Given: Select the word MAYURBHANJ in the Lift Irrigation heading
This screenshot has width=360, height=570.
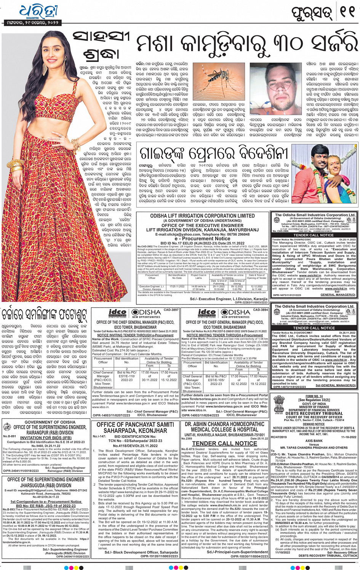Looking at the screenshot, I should [243, 230].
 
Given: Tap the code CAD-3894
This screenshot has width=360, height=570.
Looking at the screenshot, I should [261, 310].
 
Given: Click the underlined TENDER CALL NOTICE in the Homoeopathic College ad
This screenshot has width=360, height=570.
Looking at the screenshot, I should [224, 444].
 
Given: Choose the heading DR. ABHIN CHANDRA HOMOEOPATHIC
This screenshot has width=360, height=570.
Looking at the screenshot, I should [224, 424].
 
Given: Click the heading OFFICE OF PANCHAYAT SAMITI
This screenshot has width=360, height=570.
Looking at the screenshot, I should [135, 424].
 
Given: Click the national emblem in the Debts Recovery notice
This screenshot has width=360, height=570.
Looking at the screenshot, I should [279, 403].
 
